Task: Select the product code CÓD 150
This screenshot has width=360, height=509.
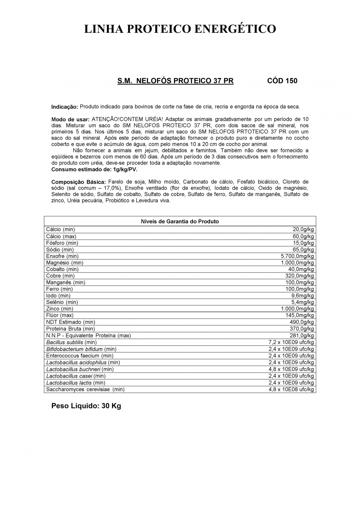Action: pyautogui.click(x=282, y=81)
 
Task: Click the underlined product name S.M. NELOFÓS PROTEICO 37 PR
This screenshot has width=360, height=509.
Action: pyautogui.click(x=175, y=81)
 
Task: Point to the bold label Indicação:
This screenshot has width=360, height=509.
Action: pyautogui.click(x=65, y=107)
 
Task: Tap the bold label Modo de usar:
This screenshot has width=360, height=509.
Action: pyautogui.click(x=70, y=119)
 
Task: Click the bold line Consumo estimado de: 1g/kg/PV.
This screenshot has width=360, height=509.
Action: pyautogui.click(x=94, y=169)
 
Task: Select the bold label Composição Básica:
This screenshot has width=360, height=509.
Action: pyautogui.click(x=78, y=182)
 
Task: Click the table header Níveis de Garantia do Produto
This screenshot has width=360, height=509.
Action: pyautogui.click(x=180, y=221)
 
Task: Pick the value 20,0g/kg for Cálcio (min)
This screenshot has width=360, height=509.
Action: pyautogui.click(x=303, y=229)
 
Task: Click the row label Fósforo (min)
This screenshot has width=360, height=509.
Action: pyautogui.click(x=62, y=243)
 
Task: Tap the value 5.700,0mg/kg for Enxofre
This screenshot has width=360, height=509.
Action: pyautogui.click(x=297, y=256)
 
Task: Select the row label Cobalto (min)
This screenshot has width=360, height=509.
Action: pyautogui.click(x=62, y=269)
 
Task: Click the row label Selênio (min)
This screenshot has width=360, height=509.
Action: pyautogui.click(x=62, y=302)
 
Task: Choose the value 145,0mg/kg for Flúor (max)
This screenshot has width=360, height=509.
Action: pyautogui.click(x=300, y=315)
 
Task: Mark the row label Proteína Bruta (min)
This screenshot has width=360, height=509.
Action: pyautogui.click(x=71, y=329)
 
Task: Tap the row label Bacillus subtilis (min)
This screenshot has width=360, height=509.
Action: pyautogui.click(x=71, y=342)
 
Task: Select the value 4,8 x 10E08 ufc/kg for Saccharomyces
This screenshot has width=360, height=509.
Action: pyautogui.click(x=291, y=389)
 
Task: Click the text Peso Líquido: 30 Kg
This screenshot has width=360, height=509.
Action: pyautogui.click(x=86, y=406)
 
